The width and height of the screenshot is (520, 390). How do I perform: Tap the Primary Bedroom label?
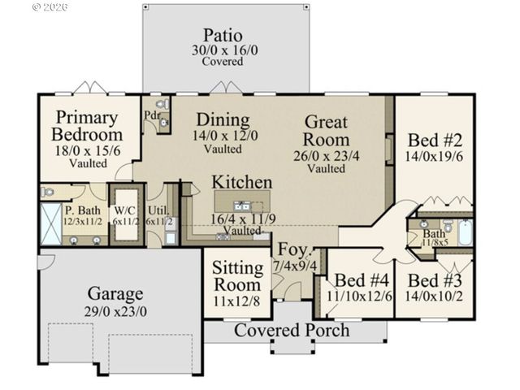tap(87, 126)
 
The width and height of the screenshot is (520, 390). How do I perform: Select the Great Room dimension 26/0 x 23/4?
tap(326, 154)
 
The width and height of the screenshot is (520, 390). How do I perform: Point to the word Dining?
tap(222, 119)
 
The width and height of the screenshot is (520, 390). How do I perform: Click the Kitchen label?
tap(242, 182)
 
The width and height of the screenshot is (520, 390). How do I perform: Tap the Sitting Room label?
tap(237, 276)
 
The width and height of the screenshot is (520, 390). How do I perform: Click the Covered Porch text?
tap(292, 331)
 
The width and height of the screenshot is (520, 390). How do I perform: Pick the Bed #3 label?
tap(434, 281)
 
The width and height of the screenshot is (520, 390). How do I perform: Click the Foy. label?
tap(292, 249)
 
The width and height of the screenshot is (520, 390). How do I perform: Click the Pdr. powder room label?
tap(152, 115)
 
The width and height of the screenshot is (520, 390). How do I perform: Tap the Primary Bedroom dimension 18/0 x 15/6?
tap(87, 150)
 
